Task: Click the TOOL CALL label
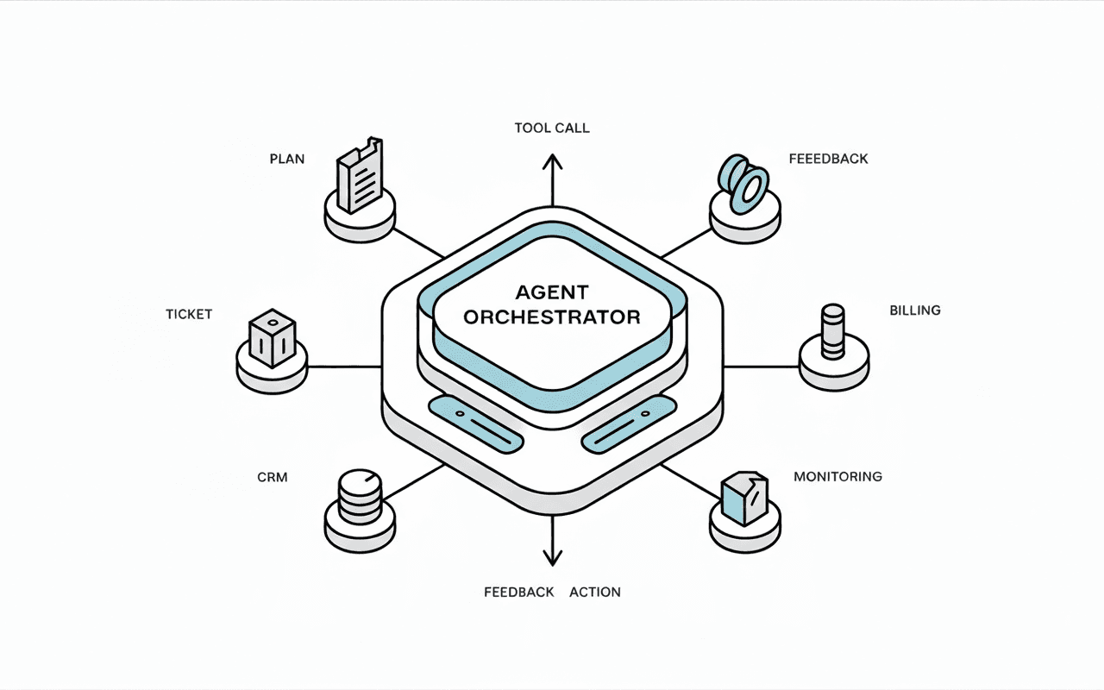552,128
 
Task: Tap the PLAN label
287,160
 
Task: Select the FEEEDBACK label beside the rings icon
828,159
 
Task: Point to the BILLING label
914,310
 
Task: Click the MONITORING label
837,476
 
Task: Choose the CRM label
272,476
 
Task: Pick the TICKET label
189,314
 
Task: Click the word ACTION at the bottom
595,592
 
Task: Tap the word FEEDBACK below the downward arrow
518,592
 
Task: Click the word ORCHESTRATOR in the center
552,317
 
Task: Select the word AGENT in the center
552,292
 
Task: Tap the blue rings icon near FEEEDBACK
743,182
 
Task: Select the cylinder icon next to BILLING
833,331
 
